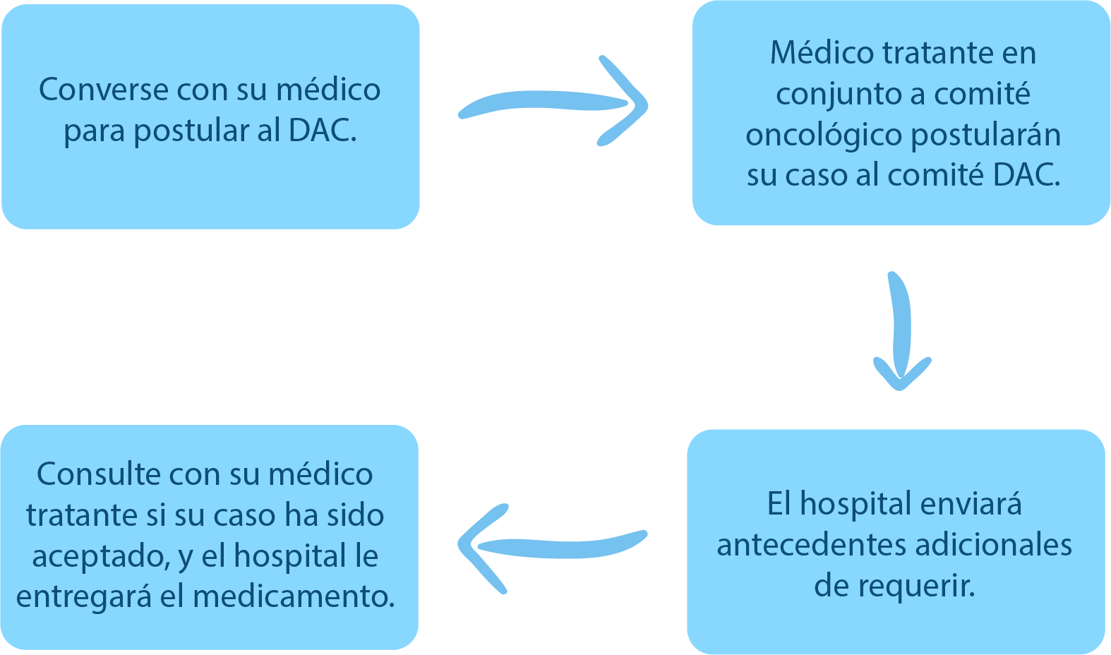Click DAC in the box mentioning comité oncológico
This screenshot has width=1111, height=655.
pos(1026,175)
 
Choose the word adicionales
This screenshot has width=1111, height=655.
pos(993,545)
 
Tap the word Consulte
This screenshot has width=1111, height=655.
pos(99,474)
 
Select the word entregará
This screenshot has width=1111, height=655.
pos(84,597)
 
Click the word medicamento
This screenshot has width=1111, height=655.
pos(294,597)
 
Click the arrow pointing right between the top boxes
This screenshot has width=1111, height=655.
pos(554,102)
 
